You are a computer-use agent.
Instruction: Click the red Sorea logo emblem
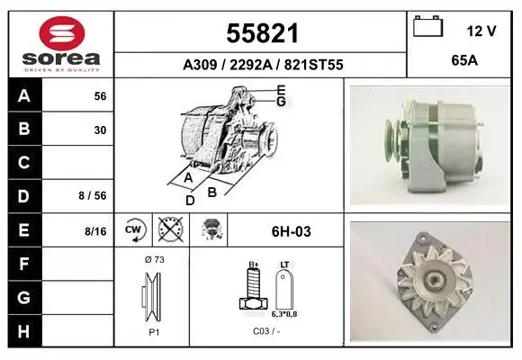tap(62, 33)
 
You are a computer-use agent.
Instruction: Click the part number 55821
tap(262, 33)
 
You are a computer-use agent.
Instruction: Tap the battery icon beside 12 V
tap(428, 26)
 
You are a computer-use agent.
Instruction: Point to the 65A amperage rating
tap(464, 60)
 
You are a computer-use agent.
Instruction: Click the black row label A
tap(24, 95)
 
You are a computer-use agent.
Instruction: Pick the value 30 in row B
tap(100, 130)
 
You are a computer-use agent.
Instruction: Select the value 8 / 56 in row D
tap(93, 195)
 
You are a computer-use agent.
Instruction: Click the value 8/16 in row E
tap(95, 231)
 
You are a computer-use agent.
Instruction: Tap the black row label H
tap(24, 331)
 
